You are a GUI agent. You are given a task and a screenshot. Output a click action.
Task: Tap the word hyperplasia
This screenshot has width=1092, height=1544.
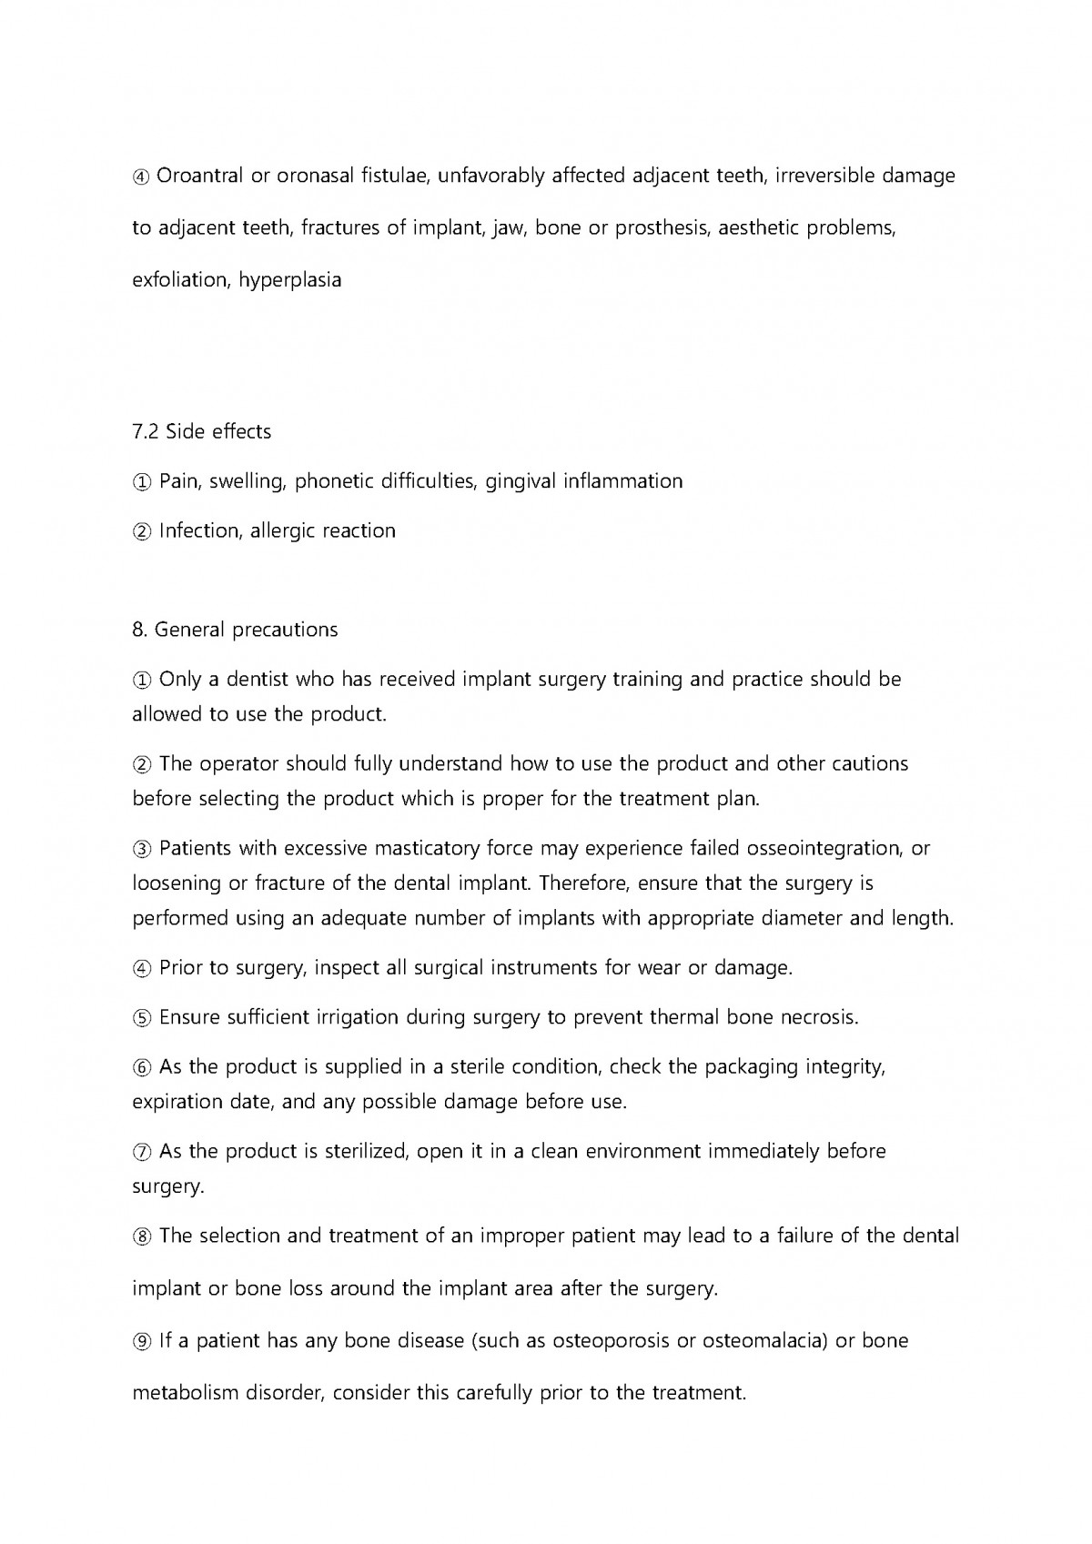pyautogui.click(x=290, y=280)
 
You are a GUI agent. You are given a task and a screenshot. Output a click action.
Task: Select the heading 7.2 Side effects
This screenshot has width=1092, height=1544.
pyautogui.click(x=201, y=431)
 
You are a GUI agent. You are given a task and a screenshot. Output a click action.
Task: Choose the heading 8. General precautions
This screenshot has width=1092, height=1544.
pyautogui.click(x=235, y=630)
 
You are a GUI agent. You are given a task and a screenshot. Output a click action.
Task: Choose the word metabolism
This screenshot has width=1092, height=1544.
pyautogui.click(x=186, y=1393)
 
